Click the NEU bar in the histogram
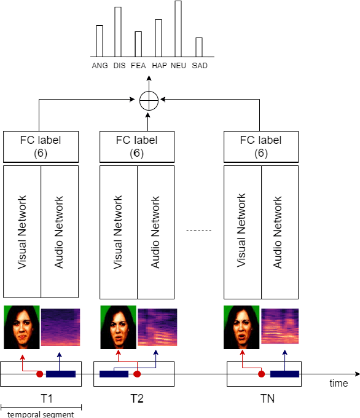(x=178, y=30)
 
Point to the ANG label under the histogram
(x=99, y=65)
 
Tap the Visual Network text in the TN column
(x=242, y=231)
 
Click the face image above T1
(x=22, y=327)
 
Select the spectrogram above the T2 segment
(x=157, y=327)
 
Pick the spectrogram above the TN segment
(x=281, y=326)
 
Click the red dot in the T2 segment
(x=138, y=374)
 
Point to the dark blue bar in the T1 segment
(x=61, y=374)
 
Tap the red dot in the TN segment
(x=261, y=374)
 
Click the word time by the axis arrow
(x=338, y=383)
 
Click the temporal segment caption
(x=41, y=414)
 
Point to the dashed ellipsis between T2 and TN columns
(x=198, y=231)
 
